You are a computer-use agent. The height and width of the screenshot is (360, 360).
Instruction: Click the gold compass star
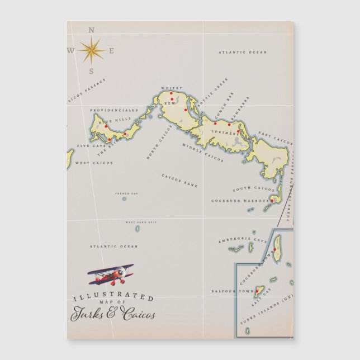(91, 50)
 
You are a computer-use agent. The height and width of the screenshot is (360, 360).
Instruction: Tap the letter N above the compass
(92, 30)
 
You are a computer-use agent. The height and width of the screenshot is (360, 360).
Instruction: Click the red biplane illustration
(112, 273)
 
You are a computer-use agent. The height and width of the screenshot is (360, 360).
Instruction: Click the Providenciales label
(114, 110)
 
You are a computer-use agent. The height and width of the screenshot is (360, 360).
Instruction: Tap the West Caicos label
(94, 163)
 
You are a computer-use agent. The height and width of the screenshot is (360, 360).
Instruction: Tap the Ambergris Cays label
(235, 241)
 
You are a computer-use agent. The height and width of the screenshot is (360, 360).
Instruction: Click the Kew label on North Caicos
(169, 103)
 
